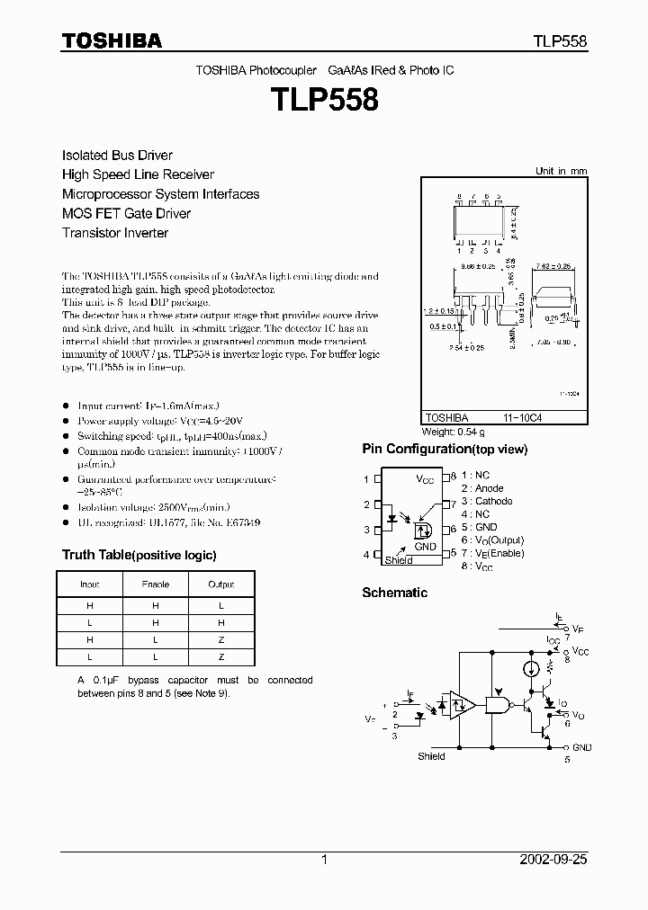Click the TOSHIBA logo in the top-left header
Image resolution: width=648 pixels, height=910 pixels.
pyautogui.click(x=112, y=41)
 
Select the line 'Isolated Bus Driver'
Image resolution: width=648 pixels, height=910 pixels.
pyautogui.click(x=117, y=156)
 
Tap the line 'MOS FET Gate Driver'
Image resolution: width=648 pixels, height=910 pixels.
pyautogui.click(x=126, y=213)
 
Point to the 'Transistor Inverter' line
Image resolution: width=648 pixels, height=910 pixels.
pyautogui.click(x=115, y=233)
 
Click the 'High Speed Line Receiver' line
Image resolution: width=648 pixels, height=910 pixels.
pyautogui.click(x=138, y=174)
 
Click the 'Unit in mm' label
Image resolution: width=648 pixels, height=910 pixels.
pyautogui.click(x=561, y=171)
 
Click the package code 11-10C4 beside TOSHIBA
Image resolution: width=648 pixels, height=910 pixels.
pyautogui.click(x=523, y=418)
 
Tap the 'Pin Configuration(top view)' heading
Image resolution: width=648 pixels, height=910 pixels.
pyautogui.click(x=445, y=449)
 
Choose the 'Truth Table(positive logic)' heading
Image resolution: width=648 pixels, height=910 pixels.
pyautogui.click(x=139, y=555)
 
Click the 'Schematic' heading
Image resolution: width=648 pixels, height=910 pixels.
pyautogui.click(x=394, y=593)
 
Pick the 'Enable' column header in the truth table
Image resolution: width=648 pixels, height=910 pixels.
pyautogui.click(x=156, y=584)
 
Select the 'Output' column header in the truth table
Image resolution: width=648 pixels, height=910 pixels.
pyautogui.click(x=220, y=584)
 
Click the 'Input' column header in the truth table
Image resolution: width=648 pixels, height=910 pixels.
pyautogui.click(x=90, y=584)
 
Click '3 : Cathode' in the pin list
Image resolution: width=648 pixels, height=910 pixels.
pyautogui.click(x=487, y=501)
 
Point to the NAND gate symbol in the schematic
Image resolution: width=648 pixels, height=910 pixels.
pyautogui.click(x=496, y=706)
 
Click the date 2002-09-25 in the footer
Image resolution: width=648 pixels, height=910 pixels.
pyautogui.click(x=553, y=860)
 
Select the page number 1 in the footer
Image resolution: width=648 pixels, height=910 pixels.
pyautogui.click(x=324, y=860)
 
